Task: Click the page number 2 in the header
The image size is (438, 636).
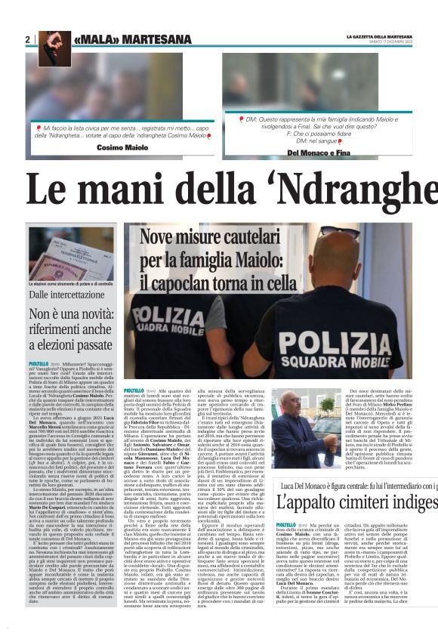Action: [27, 39]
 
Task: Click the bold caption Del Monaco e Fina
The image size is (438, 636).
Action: [315, 153]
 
